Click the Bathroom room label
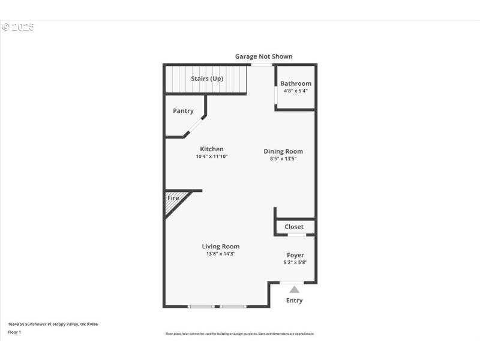(296, 83)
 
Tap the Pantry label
(183, 111)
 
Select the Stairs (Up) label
(207, 79)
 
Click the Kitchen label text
(212, 149)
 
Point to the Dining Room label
(283, 151)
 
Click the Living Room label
(221, 247)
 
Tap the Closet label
(294, 227)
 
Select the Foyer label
(295, 256)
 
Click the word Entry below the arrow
(295, 301)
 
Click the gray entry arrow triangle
(295, 289)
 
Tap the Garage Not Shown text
(263, 56)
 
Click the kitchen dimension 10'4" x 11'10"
(212, 157)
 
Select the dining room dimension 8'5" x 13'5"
(283, 159)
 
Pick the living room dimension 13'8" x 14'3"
(221, 254)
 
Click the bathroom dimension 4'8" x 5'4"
(296, 91)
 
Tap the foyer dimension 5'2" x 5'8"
(295, 263)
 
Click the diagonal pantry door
(194, 126)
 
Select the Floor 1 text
(14, 332)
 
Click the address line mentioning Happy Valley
(53, 324)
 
